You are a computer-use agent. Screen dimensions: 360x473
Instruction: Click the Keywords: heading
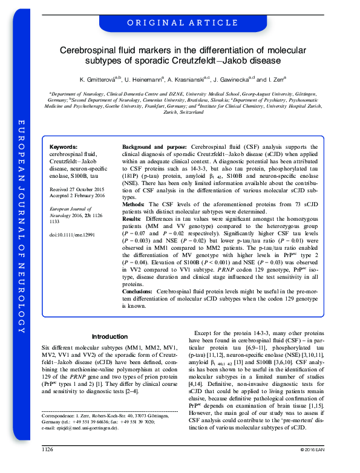[63, 148]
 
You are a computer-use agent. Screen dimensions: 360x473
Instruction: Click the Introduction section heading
[110, 337]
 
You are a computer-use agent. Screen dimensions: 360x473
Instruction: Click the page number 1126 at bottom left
[48, 466]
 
